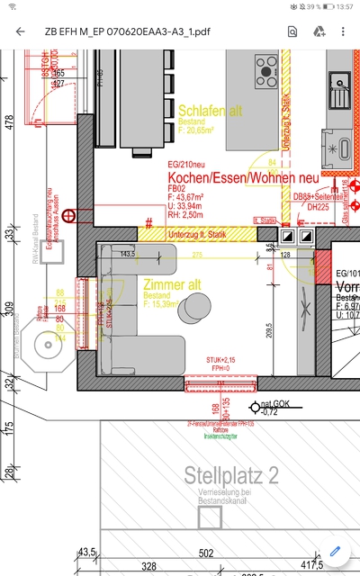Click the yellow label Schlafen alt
(x=211, y=111)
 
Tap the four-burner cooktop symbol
(x=266, y=67)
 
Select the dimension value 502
(x=206, y=553)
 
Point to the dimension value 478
(x=9, y=122)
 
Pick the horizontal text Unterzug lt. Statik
(x=197, y=235)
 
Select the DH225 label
(x=318, y=207)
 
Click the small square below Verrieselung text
(x=210, y=518)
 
